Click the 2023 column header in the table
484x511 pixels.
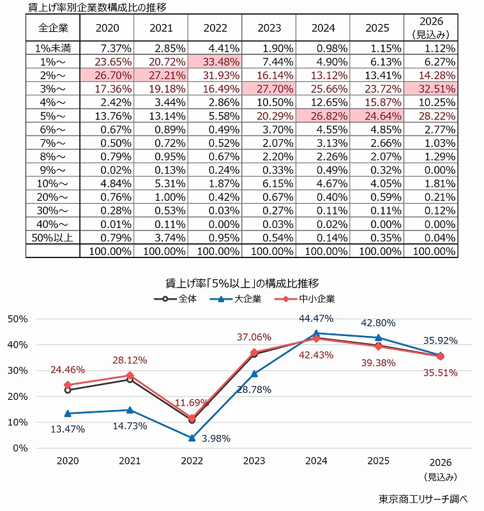click(269, 28)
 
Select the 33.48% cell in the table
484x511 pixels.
click(215, 62)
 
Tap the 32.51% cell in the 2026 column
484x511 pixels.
click(432, 89)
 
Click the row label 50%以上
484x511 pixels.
click(52, 236)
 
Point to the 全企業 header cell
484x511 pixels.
click(52, 28)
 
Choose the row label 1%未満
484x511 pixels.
click(52, 49)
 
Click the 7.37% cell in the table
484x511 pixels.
click(107, 49)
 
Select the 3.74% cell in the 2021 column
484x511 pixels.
click(161, 236)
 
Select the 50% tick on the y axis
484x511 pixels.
click(17, 319)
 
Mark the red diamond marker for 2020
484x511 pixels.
click(68, 385)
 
